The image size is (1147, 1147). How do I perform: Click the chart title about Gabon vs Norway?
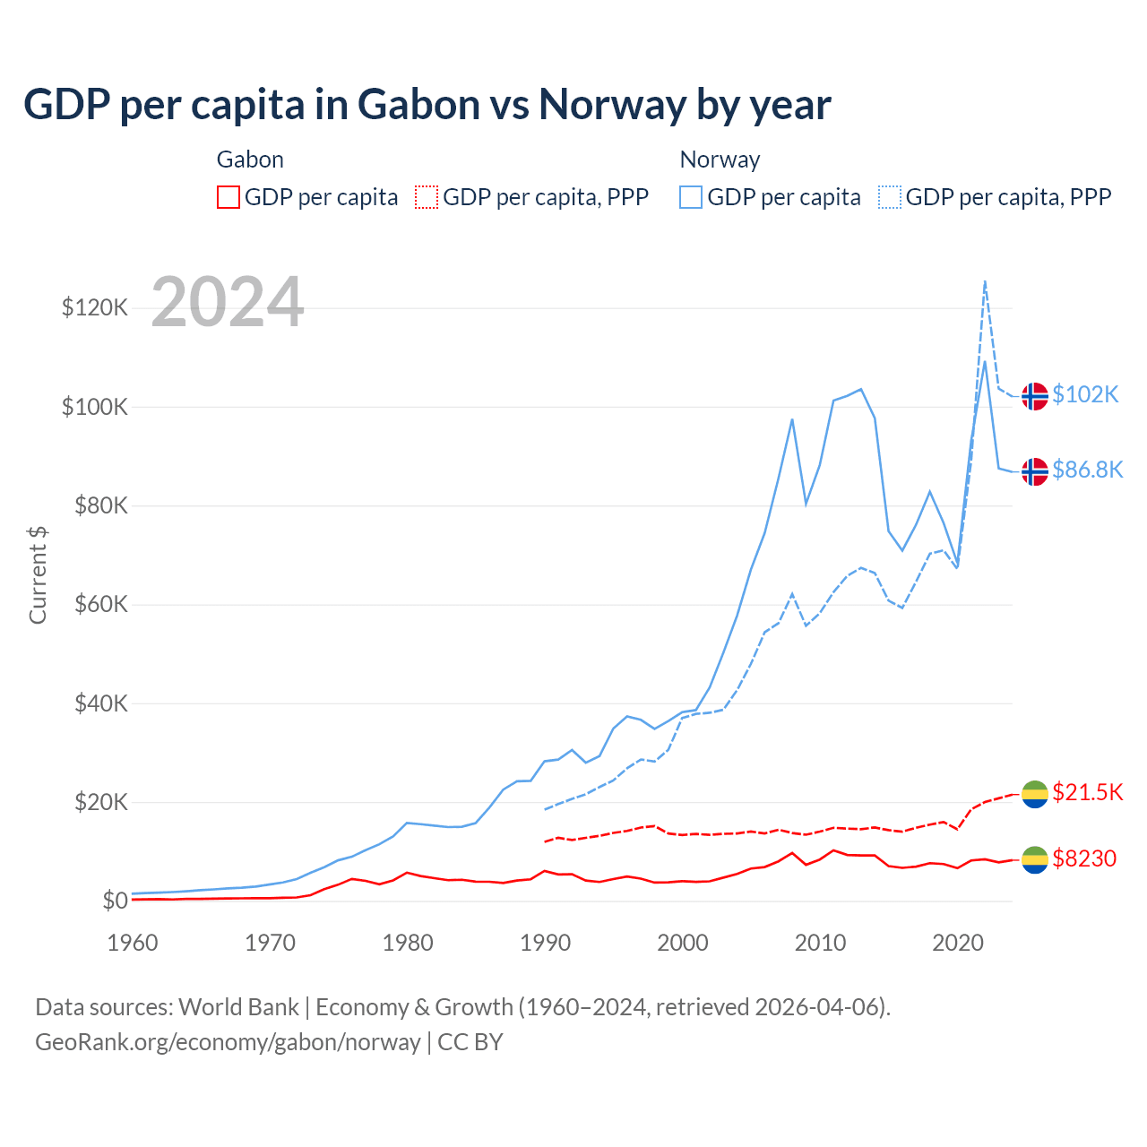[427, 104]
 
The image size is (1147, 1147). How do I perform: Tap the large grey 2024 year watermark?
[228, 302]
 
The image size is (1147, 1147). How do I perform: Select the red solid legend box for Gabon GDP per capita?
[229, 197]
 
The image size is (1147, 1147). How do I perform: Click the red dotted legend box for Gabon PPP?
[427, 197]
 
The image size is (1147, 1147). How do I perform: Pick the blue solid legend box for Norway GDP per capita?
[691, 197]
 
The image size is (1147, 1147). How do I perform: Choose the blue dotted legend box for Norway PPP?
[890, 197]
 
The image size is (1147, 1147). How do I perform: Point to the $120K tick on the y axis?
[95, 307]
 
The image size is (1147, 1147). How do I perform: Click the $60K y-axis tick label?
[99, 604]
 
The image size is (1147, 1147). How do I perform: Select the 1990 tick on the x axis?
[546, 943]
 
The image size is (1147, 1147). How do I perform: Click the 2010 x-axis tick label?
[821, 943]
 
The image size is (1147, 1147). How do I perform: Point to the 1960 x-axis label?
[133, 943]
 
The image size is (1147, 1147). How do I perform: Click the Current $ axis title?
[38, 574]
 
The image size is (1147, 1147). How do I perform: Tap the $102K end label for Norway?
[1085, 394]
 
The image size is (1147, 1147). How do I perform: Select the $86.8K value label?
[1087, 470]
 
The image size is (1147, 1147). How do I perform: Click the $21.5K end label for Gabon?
[1087, 792]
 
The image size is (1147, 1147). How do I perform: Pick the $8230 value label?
[1084, 858]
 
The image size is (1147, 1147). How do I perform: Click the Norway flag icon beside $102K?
[1035, 395]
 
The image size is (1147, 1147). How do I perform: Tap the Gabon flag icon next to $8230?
[1035, 859]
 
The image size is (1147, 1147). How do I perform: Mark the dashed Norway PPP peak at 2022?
[985, 281]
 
